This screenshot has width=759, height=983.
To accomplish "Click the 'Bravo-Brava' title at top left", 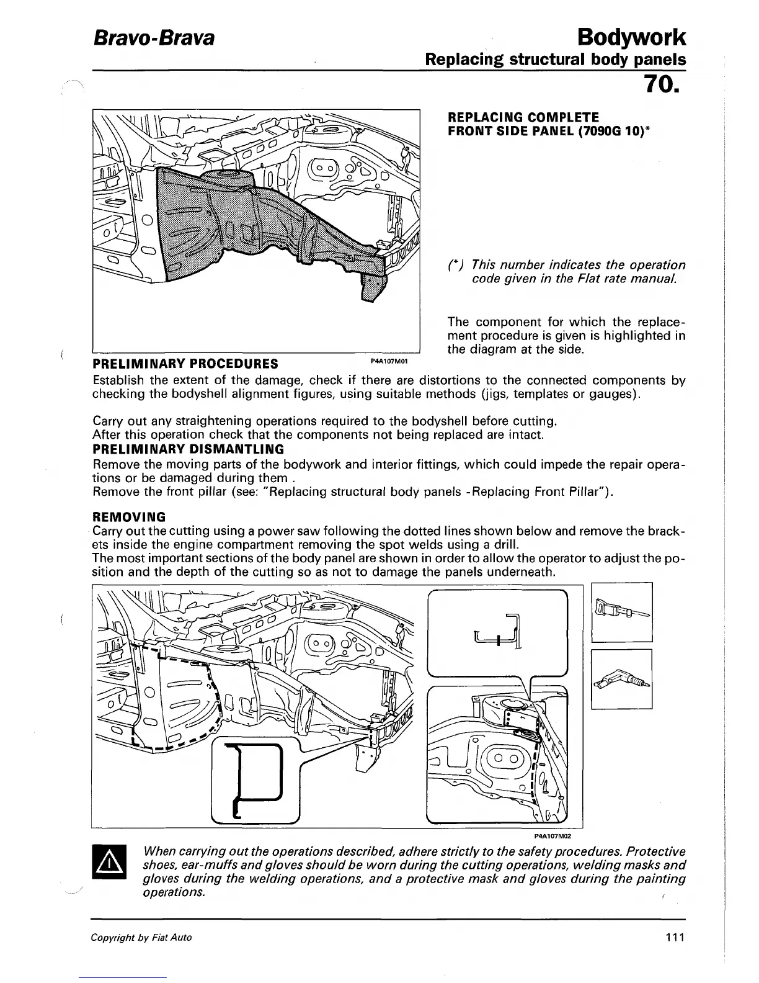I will pos(153,38).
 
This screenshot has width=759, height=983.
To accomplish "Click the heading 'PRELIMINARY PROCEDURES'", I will pos(185,363).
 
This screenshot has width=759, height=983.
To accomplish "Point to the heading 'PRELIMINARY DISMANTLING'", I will pos(188,449).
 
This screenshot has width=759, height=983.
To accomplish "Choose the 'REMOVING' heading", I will pos(128,517).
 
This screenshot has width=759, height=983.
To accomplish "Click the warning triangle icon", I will pos(109,861).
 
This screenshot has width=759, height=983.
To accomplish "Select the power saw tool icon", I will pos(622,612).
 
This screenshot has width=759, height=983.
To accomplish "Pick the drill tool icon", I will pos(622,679).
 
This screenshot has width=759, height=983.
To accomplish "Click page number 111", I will pos(673,937).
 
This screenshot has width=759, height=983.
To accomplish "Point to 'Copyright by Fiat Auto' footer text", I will pos(141,938).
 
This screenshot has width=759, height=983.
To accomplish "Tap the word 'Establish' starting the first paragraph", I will pos(117,380).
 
